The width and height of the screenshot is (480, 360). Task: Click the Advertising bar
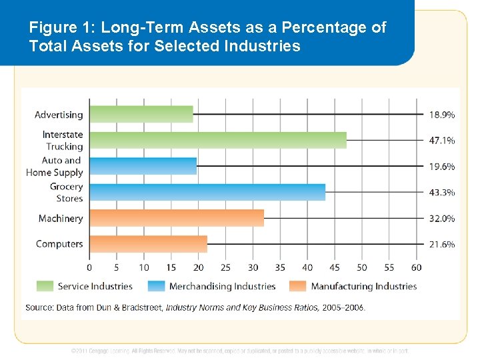(x=141, y=114)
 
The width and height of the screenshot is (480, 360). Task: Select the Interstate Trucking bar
(x=218, y=140)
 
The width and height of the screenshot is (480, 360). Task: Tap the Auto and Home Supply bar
(x=143, y=166)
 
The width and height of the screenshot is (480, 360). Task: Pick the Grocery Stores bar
(x=207, y=192)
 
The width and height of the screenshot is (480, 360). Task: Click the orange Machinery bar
(x=177, y=218)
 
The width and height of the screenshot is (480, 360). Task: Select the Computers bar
(x=149, y=244)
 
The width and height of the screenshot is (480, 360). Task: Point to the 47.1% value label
(x=441, y=141)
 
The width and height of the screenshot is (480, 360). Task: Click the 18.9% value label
(x=441, y=115)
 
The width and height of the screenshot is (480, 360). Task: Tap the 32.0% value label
(x=441, y=219)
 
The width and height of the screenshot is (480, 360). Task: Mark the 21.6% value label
(x=441, y=245)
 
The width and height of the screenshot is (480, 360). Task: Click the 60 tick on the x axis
(x=416, y=267)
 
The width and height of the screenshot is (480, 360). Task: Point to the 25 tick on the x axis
(x=225, y=267)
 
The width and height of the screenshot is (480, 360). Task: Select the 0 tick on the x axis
(x=90, y=267)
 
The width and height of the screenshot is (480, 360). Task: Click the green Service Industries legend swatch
(x=44, y=286)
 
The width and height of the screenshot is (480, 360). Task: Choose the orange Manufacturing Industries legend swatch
(x=298, y=286)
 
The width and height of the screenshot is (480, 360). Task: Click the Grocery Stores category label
(x=67, y=192)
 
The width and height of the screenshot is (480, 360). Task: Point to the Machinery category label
(x=61, y=219)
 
